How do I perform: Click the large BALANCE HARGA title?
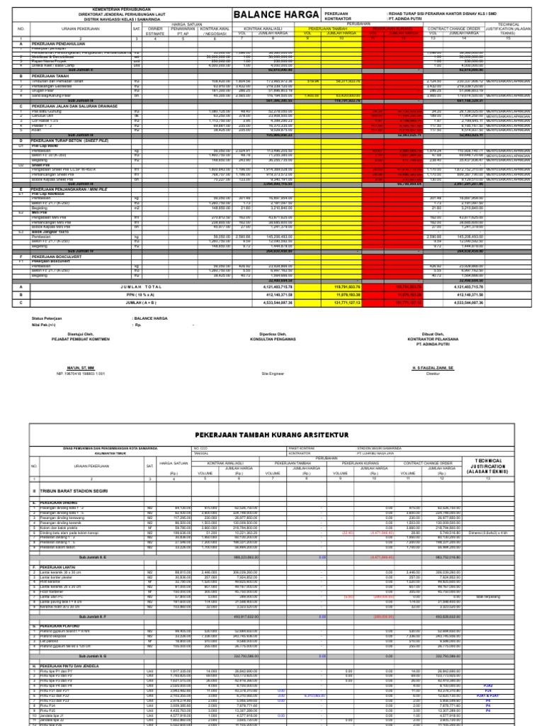coord(278,15)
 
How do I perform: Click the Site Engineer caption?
coord(273,372)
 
